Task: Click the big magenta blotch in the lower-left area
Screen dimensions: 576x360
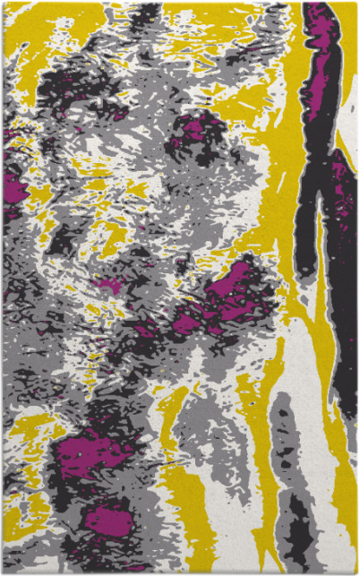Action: pyautogui.click(x=90, y=452)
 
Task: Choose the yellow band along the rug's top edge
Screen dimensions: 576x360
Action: pyautogui.click(x=206, y=13)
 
